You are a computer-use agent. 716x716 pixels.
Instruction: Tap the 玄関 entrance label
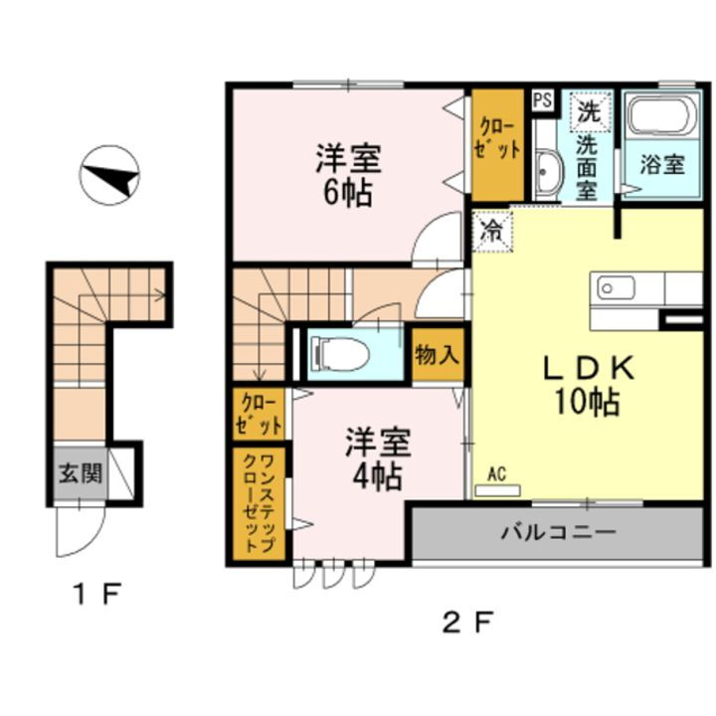(x=78, y=473)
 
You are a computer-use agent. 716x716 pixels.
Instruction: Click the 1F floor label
(x=96, y=596)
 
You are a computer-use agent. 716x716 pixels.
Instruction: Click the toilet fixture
(x=337, y=353)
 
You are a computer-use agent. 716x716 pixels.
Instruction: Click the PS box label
(x=542, y=99)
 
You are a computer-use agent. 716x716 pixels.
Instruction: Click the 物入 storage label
(x=437, y=355)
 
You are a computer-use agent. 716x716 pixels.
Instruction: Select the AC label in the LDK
(x=497, y=474)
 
